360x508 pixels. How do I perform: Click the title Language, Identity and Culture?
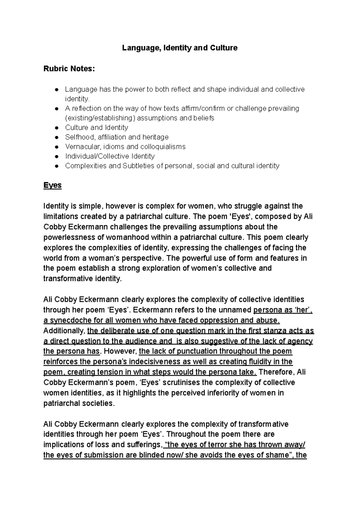pyautogui.click(x=179, y=48)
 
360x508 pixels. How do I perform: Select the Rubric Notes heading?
pyautogui.click(x=69, y=69)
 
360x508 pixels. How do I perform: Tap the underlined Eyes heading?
pyautogui.click(x=52, y=185)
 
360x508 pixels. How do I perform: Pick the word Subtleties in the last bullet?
pyautogui.click(x=138, y=166)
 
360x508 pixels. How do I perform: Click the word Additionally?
pyautogui.click(x=64, y=331)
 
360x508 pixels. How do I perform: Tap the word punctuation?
pyautogui.click(x=196, y=351)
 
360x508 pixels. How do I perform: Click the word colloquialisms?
pyautogui.click(x=159, y=147)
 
